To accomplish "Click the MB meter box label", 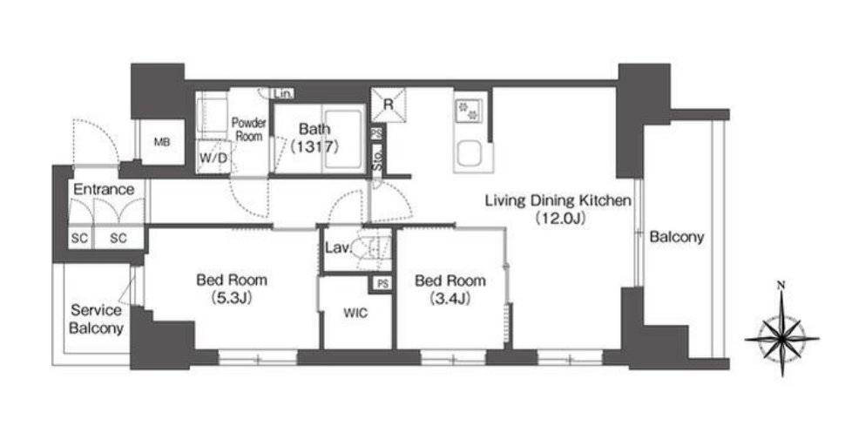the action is point(162,142).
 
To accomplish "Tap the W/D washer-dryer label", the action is point(213,158).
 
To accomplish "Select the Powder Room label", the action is point(249,129).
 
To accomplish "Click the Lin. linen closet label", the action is point(283,93).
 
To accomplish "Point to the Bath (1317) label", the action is point(314,138).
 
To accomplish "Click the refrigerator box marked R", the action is point(389,105).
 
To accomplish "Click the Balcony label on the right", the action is point(677,237).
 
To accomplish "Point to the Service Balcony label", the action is point(96,319).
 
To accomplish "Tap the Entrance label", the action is point(104,189).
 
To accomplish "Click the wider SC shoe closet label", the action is point(118,239).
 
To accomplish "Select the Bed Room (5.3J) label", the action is point(232,288).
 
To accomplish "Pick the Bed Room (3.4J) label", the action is point(450,289).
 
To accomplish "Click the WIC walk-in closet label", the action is point(355,314).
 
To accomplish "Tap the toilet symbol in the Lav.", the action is point(373,250).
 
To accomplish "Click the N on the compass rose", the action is point(781,285).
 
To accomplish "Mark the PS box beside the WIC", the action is point(383,284).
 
